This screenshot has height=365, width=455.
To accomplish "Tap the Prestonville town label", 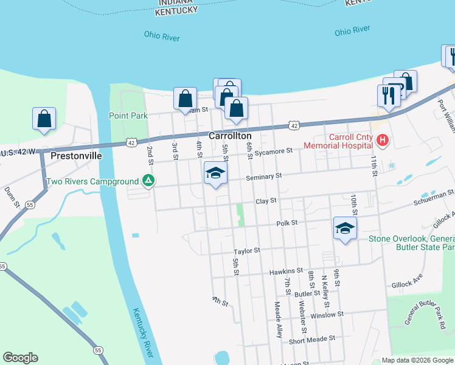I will coord(75,155).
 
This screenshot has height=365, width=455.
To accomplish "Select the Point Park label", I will coord(128,116).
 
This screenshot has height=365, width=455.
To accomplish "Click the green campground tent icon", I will coord(147,181).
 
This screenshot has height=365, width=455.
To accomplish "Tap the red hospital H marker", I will coord(382,141).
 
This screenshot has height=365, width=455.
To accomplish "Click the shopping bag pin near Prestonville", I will coord(44,119).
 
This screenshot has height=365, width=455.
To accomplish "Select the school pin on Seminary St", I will coord(215,173).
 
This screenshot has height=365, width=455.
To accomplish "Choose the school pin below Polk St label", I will coord(345,229).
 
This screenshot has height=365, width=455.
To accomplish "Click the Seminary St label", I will coord(265,176).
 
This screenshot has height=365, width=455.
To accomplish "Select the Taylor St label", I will coord(248,250).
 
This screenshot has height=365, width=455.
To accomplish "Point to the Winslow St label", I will coord(327,315).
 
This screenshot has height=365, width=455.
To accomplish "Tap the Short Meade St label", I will coord(312,338).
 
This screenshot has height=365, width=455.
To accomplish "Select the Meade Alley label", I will coord(278,320).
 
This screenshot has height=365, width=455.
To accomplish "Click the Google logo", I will coord(21,358).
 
